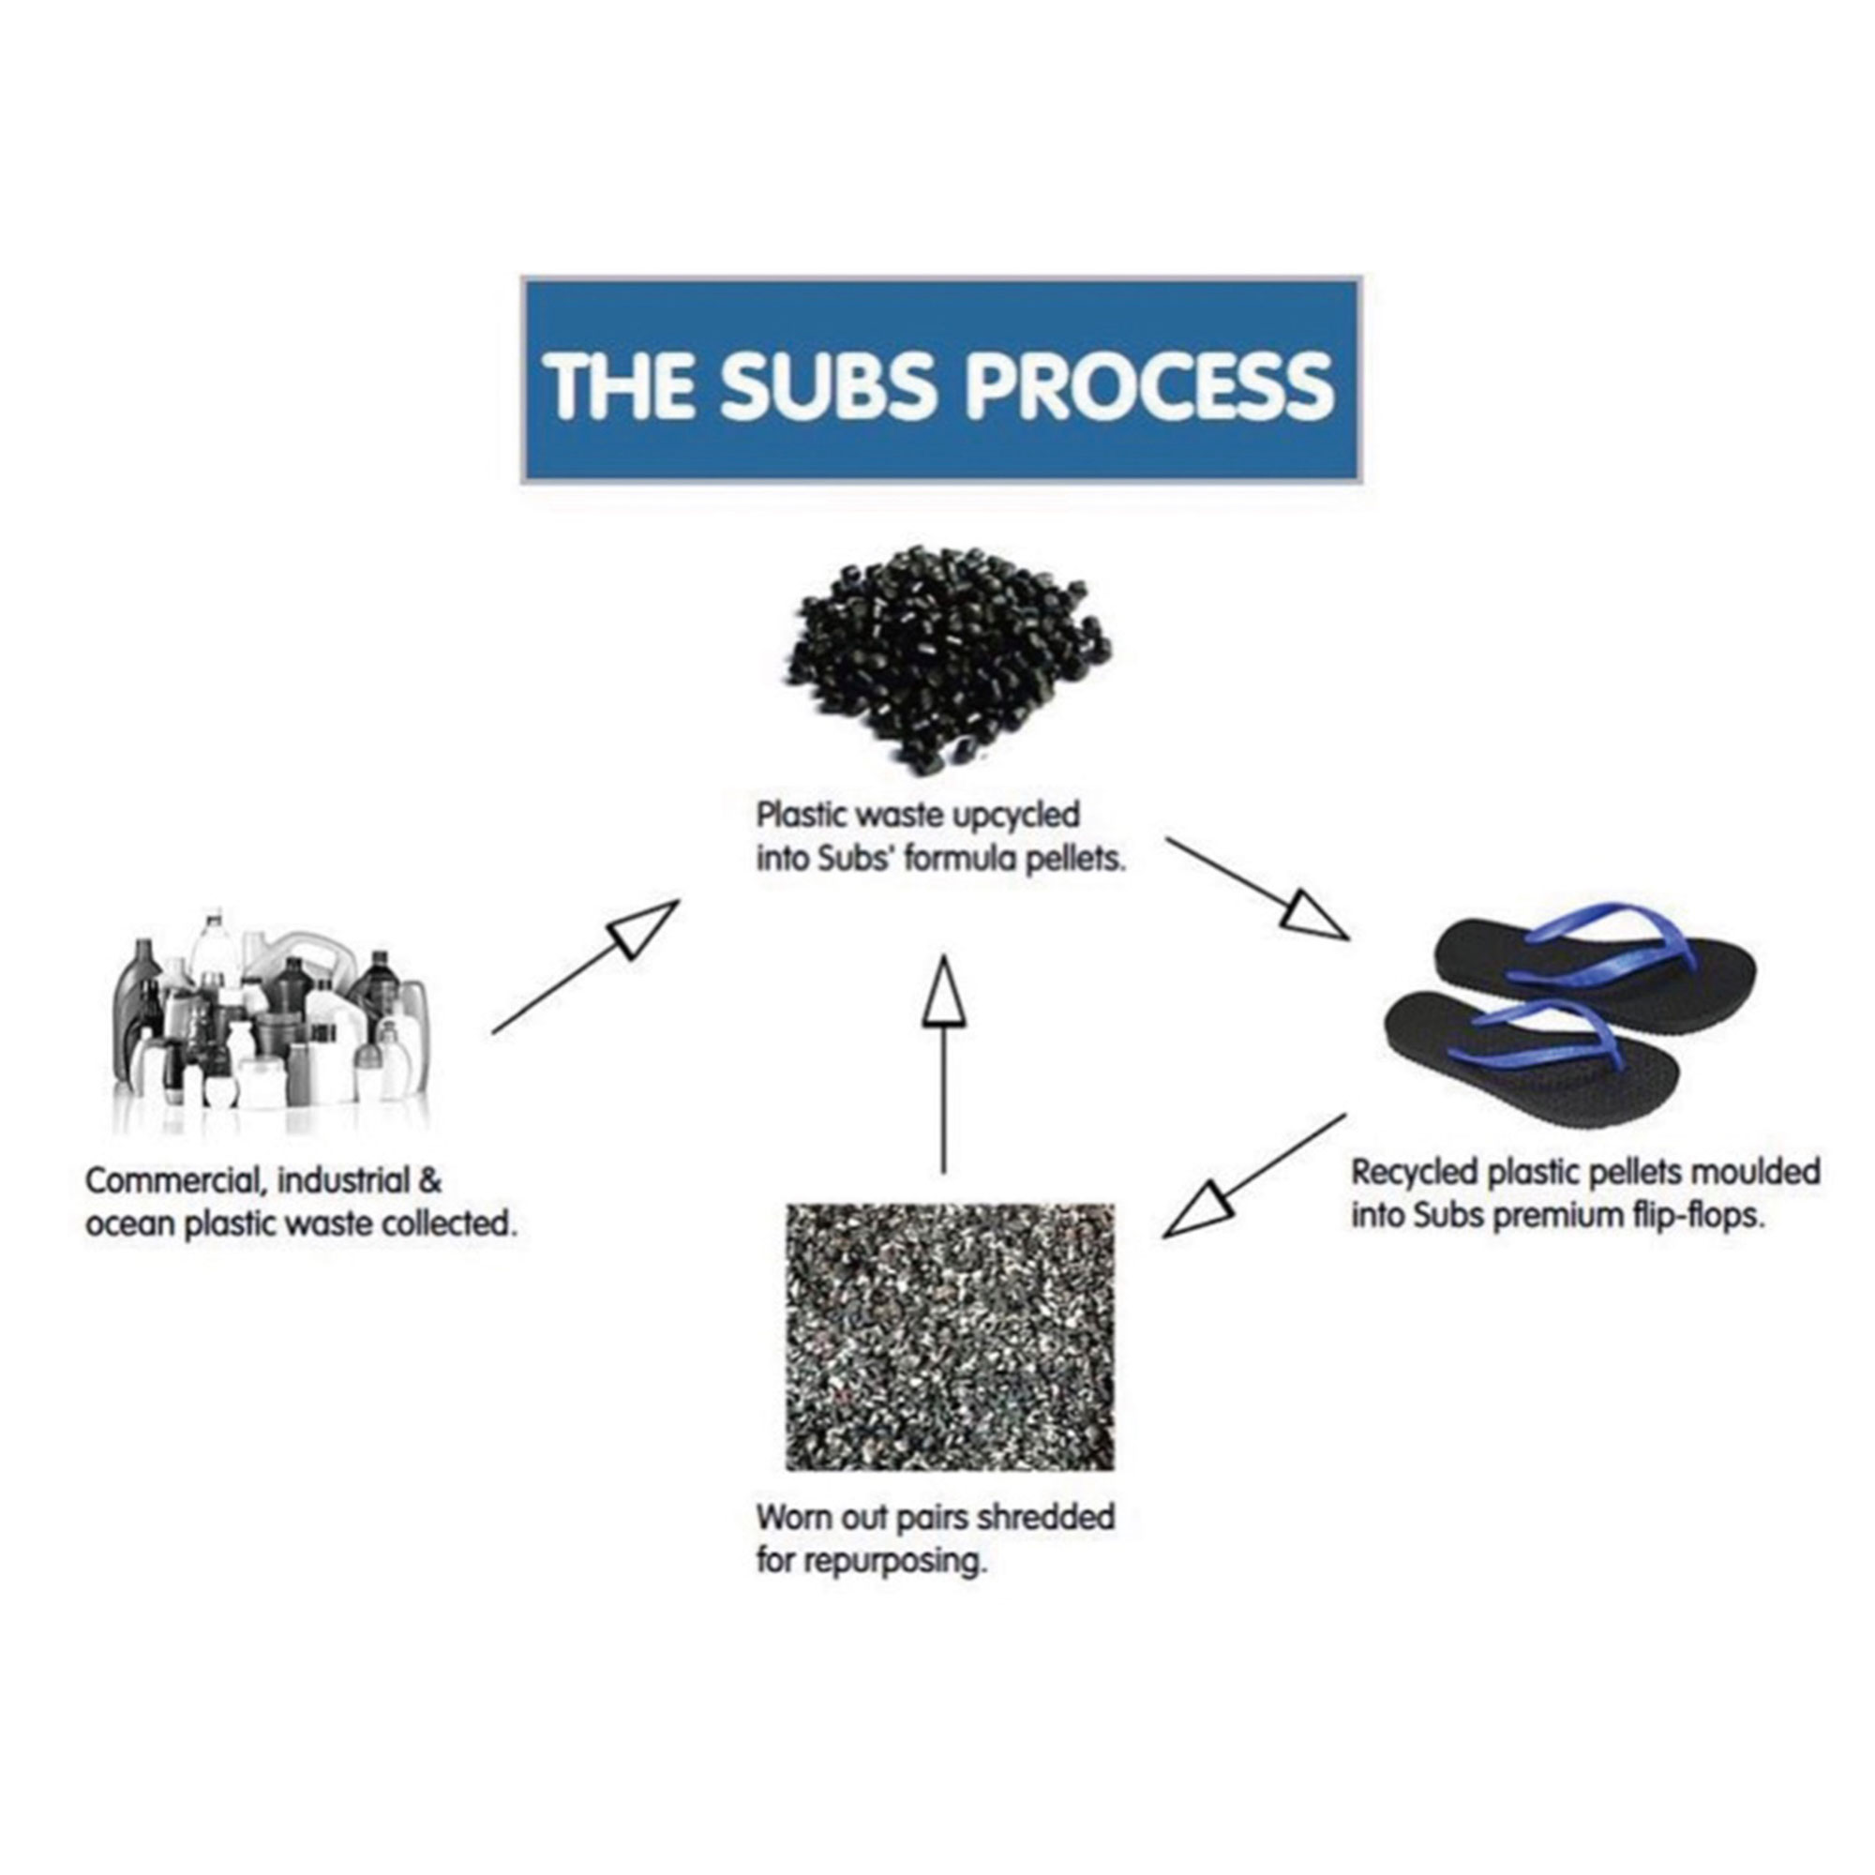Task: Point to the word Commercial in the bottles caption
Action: [175, 1181]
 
